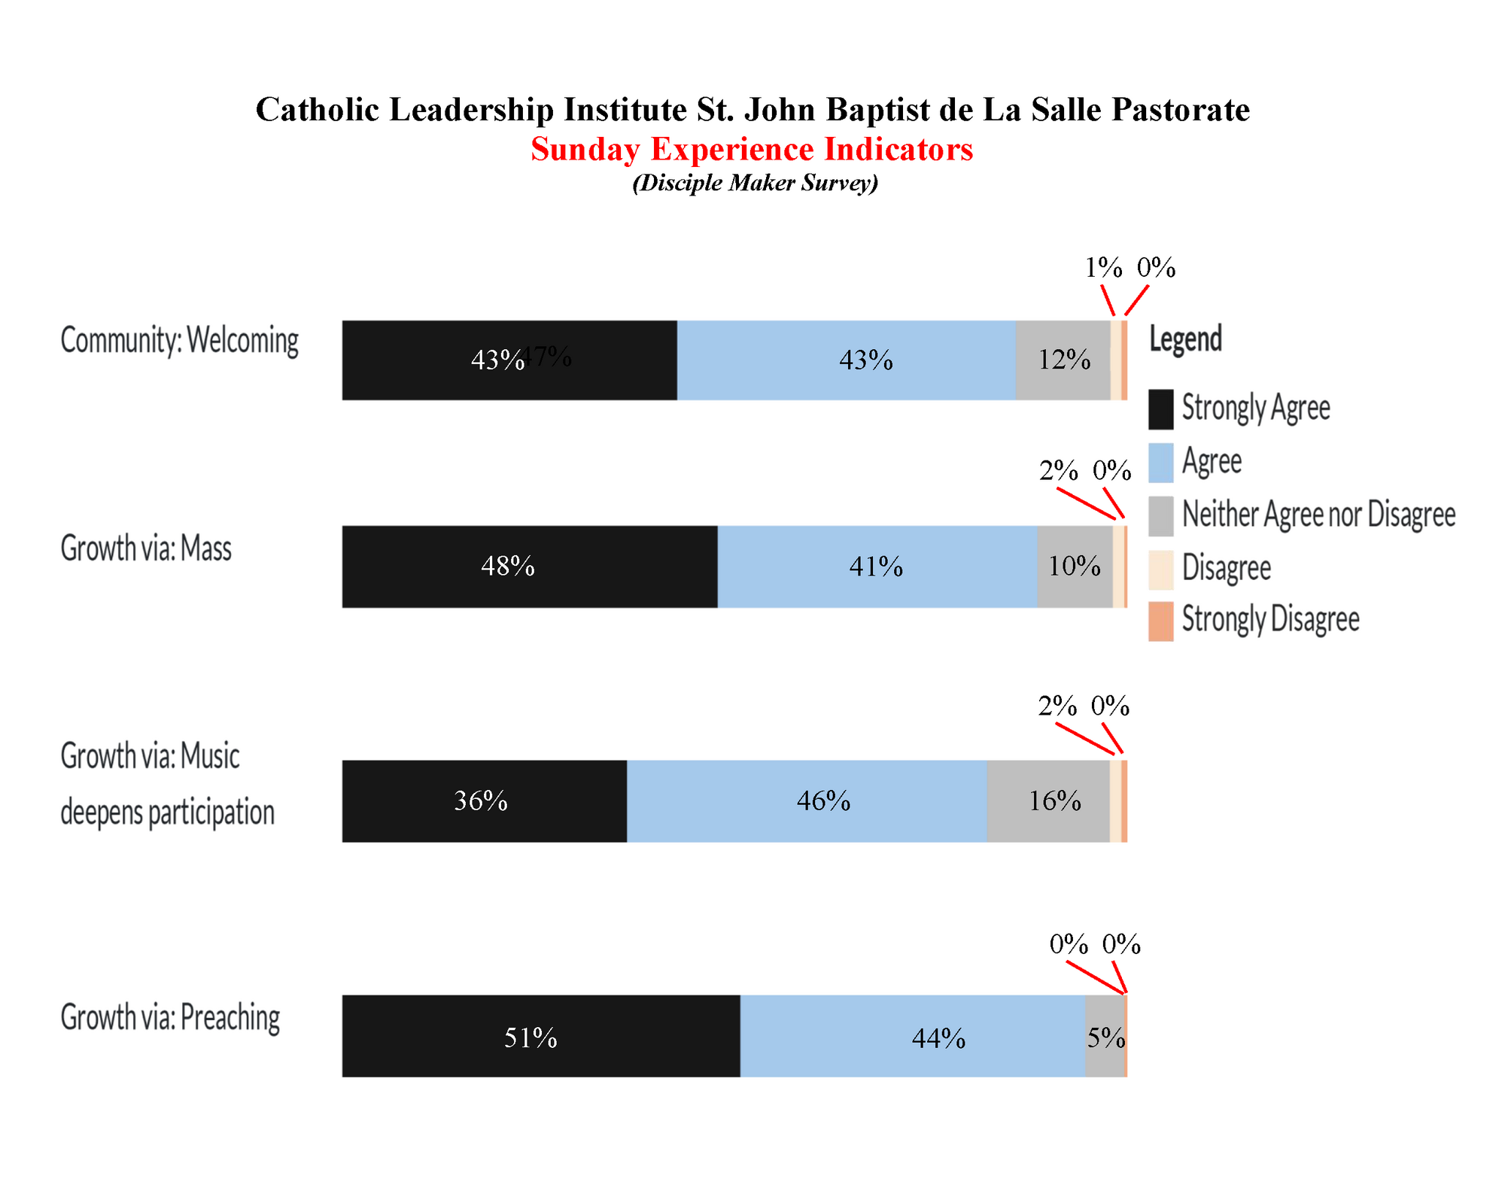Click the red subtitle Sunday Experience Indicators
click(x=752, y=149)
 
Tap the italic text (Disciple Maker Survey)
click(x=755, y=183)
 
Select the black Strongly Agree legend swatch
click(x=1160, y=409)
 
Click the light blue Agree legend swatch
click(x=1160, y=462)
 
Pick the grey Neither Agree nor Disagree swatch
click(x=1160, y=515)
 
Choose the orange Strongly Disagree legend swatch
click(x=1160, y=621)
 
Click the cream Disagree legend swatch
click(x=1160, y=569)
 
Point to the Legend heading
click(x=1185, y=339)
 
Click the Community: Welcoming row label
click(x=179, y=340)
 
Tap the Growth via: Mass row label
click(x=146, y=548)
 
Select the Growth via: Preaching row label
click(x=170, y=1017)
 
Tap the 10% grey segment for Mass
click(x=1075, y=566)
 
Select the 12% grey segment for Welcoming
click(x=1063, y=360)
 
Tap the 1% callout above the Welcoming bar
click(x=1102, y=268)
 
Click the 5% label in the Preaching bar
click(x=1105, y=1038)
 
